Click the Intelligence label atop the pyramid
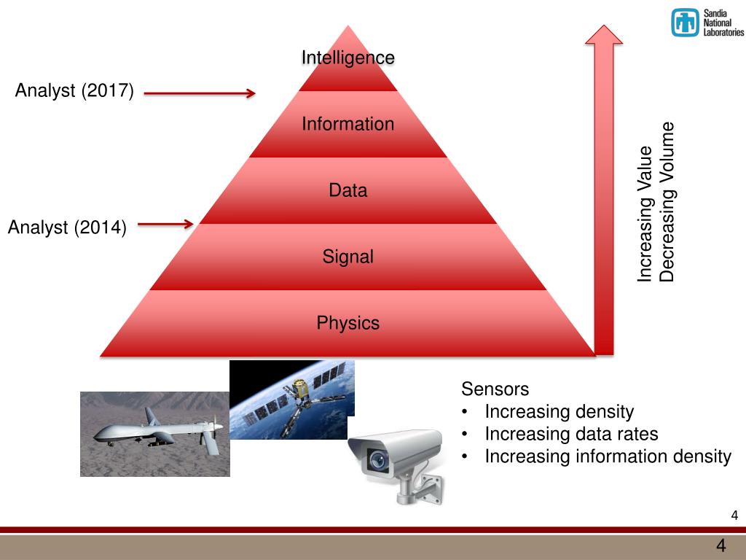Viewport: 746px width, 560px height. [348, 58]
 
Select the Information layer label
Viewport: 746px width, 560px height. [348, 124]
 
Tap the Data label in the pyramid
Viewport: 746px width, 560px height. [348, 191]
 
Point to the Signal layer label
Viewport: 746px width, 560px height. [348, 257]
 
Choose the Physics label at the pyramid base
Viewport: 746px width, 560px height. [348, 323]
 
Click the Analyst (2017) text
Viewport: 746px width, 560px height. [74, 91]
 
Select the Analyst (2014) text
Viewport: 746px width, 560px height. [67, 227]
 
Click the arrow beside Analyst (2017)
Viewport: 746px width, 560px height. [200, 93]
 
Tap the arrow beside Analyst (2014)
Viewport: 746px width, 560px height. [165, 225]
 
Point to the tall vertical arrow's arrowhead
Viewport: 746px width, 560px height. [604, 36]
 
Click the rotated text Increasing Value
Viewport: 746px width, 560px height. [645, 214]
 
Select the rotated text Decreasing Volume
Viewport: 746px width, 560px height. [667, 202]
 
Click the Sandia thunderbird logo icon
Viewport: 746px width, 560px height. [685, 23]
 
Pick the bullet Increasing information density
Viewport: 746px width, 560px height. [608, 457]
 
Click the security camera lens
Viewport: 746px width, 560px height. [377, 459]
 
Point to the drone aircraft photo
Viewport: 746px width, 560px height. [155, 435]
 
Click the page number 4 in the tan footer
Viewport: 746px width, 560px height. [721, 546]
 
